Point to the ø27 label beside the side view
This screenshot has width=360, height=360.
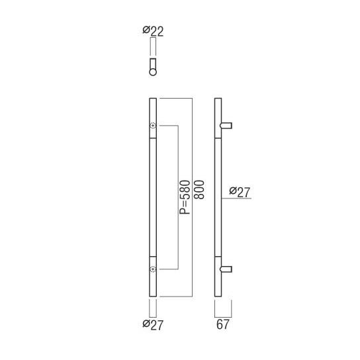pyautogui.click(x=240, y=192)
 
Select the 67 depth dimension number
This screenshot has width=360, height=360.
pyautogui.click(x=223, y=324)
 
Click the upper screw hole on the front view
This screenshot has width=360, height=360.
pyautogui.click(x=154, y=126)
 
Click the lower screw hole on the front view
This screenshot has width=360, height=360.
pyautogui.click(x=154, y=269)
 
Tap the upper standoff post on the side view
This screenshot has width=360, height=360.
pyautogui.click(x=227, y=125)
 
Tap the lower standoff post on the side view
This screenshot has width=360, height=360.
pyautogui.click(x=227, y=269)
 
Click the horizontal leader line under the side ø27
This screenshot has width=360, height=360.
pyautogui.click(x=238, y=199)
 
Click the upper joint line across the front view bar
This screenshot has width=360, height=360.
pyautogui.click(x=154, y=140)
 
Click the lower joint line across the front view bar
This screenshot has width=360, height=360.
pyautogui.click(x=154, y=255)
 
